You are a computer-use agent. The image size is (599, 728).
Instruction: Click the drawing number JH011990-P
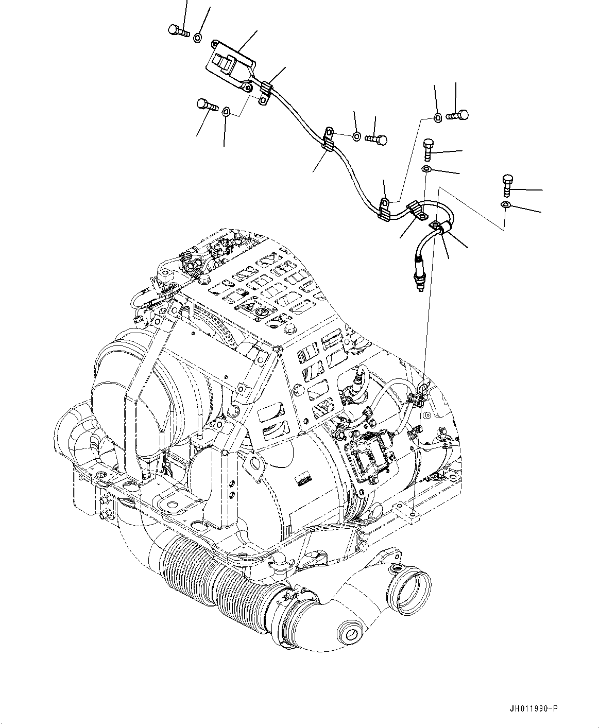click(x=531, y=709)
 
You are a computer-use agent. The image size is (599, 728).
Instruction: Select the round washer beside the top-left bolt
click(x=198, y=37)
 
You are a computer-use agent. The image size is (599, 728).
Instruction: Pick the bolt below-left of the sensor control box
click(x=207, y=106)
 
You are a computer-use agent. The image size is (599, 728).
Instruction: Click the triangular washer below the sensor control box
click(x=226, y=111)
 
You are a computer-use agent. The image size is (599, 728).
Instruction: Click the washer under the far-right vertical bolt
click(x=506, y=205)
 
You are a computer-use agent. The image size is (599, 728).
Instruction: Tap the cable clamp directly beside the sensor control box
click(x=265, y=93)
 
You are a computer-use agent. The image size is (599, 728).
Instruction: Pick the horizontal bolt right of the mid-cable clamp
click(x=376, y=138)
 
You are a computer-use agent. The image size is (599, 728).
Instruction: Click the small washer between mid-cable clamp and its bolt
click(x=356, y=136)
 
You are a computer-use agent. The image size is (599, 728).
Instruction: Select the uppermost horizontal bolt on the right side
click(x=457, y=115)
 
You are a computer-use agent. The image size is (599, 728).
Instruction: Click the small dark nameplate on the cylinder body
click(x=304, y=480)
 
